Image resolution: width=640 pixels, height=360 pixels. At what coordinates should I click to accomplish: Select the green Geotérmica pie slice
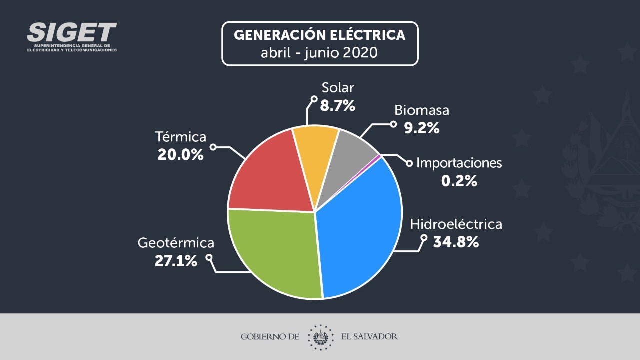point(275,250)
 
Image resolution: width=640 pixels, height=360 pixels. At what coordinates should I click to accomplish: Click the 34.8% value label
point(456,242)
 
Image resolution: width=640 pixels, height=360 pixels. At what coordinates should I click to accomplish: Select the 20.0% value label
point(180,154)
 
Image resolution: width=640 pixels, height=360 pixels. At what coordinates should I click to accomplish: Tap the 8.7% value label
point(337,105)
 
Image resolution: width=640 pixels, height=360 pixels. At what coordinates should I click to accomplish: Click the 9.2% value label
point(422,128)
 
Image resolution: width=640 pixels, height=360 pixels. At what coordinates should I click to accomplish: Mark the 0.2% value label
point(459,181)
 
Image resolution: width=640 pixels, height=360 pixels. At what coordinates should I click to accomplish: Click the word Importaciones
point(459,163)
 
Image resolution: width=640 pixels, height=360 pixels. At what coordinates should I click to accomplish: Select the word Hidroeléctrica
point(456,224)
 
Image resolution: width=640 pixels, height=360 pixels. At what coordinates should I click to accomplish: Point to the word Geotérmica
point(176,243)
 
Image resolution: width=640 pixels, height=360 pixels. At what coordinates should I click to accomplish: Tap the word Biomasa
point(422,110)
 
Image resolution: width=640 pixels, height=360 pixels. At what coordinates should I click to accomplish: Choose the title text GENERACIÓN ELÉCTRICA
point(320,35)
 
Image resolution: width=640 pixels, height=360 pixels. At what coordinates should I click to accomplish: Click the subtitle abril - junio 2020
point(320,52)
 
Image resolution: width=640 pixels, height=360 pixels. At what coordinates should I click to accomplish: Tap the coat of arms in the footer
point(320,336)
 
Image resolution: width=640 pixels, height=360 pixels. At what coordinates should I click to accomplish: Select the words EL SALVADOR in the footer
point(369,336)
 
